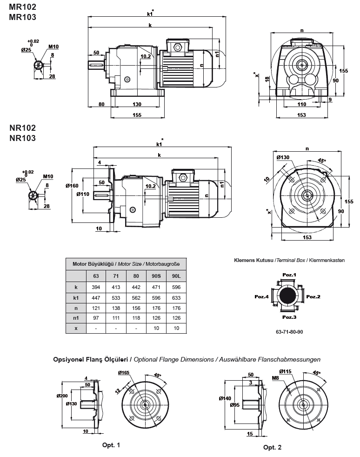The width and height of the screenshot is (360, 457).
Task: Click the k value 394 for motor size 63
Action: coord(95,288)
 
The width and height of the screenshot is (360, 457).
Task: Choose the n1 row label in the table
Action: coord(75,318)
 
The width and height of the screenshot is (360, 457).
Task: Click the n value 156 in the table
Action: coord(136,308)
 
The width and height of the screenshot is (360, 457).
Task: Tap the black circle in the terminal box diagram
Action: coord(289,296)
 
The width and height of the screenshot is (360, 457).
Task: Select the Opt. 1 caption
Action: coord(111,445)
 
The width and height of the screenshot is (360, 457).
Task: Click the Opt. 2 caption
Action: coord(272,447)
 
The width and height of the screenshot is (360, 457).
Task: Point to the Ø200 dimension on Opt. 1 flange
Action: coord(62,396)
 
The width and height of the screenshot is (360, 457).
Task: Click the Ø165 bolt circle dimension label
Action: coord(123,373)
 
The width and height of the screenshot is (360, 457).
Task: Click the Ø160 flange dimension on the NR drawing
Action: coord(72,185)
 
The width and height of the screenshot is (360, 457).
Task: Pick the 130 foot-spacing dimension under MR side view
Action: coord(137,104)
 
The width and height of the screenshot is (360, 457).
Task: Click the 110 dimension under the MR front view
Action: coord(301,105)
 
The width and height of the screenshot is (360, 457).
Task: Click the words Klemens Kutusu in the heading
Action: coord(253,261)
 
